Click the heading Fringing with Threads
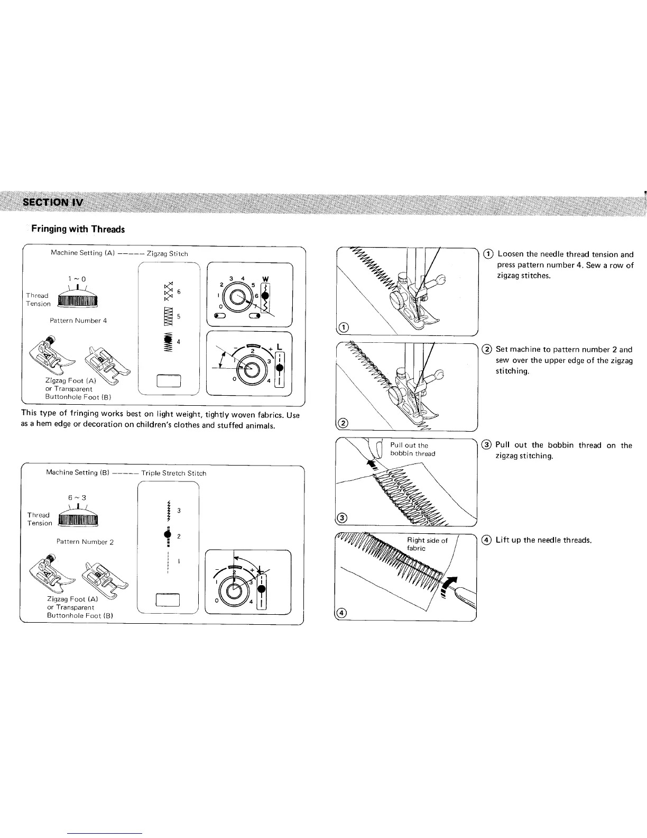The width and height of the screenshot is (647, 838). pyautogui.click(x=78, y=229)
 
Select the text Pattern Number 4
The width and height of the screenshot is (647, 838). pyautogui.click(x=78, y=321)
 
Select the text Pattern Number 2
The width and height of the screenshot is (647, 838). pyautogui.click(x=85, y=542)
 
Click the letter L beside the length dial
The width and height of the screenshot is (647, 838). pyautogui.click(x=279, y=345)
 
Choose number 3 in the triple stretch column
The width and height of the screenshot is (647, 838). pyautogui.click(x=179, y=511)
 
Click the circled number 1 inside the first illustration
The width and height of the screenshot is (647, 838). pyautogui.click(x=344, y=327)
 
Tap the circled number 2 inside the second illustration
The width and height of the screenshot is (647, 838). pyautogui.click(x=344, y=422)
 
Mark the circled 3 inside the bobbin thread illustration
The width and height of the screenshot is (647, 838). pyautogui.click(x=343, y=517)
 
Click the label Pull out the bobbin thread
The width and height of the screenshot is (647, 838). pyautogui.click(x=412, y=449)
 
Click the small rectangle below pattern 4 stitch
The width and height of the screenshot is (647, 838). pyautogui.click(x=169, y=380)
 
